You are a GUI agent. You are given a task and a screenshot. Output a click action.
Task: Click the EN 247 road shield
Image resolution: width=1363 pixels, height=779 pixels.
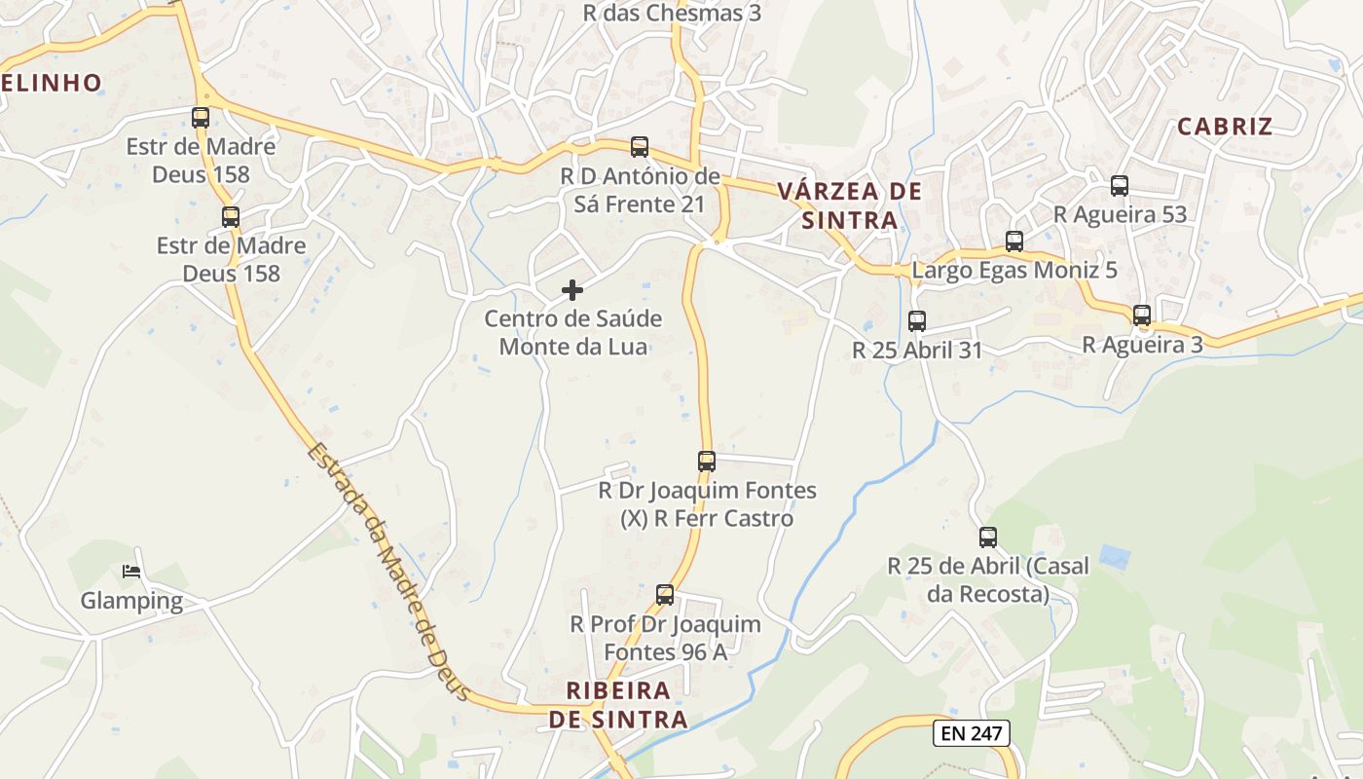point(971,733)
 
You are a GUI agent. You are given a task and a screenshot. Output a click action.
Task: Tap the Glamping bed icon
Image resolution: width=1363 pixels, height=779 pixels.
point(131,572)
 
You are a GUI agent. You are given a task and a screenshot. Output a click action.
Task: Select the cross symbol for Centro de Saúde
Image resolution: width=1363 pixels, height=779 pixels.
point(572,290)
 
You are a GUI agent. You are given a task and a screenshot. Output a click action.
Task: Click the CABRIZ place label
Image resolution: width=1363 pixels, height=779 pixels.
point(1225,127)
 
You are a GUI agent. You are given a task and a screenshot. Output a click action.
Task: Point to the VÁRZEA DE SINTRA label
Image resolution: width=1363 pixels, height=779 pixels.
point(850,205)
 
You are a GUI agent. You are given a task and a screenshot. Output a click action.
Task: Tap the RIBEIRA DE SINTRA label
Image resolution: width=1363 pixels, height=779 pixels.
point(618,705)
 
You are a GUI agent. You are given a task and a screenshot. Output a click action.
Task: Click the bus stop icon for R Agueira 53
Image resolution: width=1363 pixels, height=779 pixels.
point(1120,186)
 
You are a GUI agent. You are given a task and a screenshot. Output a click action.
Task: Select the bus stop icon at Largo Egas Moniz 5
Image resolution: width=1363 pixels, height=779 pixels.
point(1014,241)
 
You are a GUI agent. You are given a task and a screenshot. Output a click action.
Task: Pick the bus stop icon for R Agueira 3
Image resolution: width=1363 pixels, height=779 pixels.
point(1142,315)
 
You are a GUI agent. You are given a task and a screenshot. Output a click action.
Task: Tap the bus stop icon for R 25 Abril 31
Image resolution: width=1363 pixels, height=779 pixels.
point(917,321)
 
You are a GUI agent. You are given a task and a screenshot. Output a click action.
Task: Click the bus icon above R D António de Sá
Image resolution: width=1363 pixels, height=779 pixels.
point(640,147)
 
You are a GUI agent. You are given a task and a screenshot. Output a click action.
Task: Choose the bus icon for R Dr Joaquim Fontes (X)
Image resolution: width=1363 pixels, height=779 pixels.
point(707,462)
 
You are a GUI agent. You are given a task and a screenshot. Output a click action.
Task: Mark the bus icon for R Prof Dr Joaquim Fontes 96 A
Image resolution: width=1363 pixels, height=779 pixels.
point(665,595)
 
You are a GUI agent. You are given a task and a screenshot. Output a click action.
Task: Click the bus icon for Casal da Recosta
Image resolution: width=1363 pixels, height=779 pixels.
point(988,538)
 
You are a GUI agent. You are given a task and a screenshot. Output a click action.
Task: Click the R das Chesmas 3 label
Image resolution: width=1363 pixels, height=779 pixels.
point(672,14)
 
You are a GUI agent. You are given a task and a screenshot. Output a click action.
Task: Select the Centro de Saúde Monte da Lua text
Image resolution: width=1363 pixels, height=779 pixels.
point(572,332)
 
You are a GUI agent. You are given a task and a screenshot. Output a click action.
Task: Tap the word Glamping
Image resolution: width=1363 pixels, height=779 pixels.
point(131,601)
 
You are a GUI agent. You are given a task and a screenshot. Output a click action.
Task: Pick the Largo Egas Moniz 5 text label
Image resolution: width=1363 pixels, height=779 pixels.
point(1014,271)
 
